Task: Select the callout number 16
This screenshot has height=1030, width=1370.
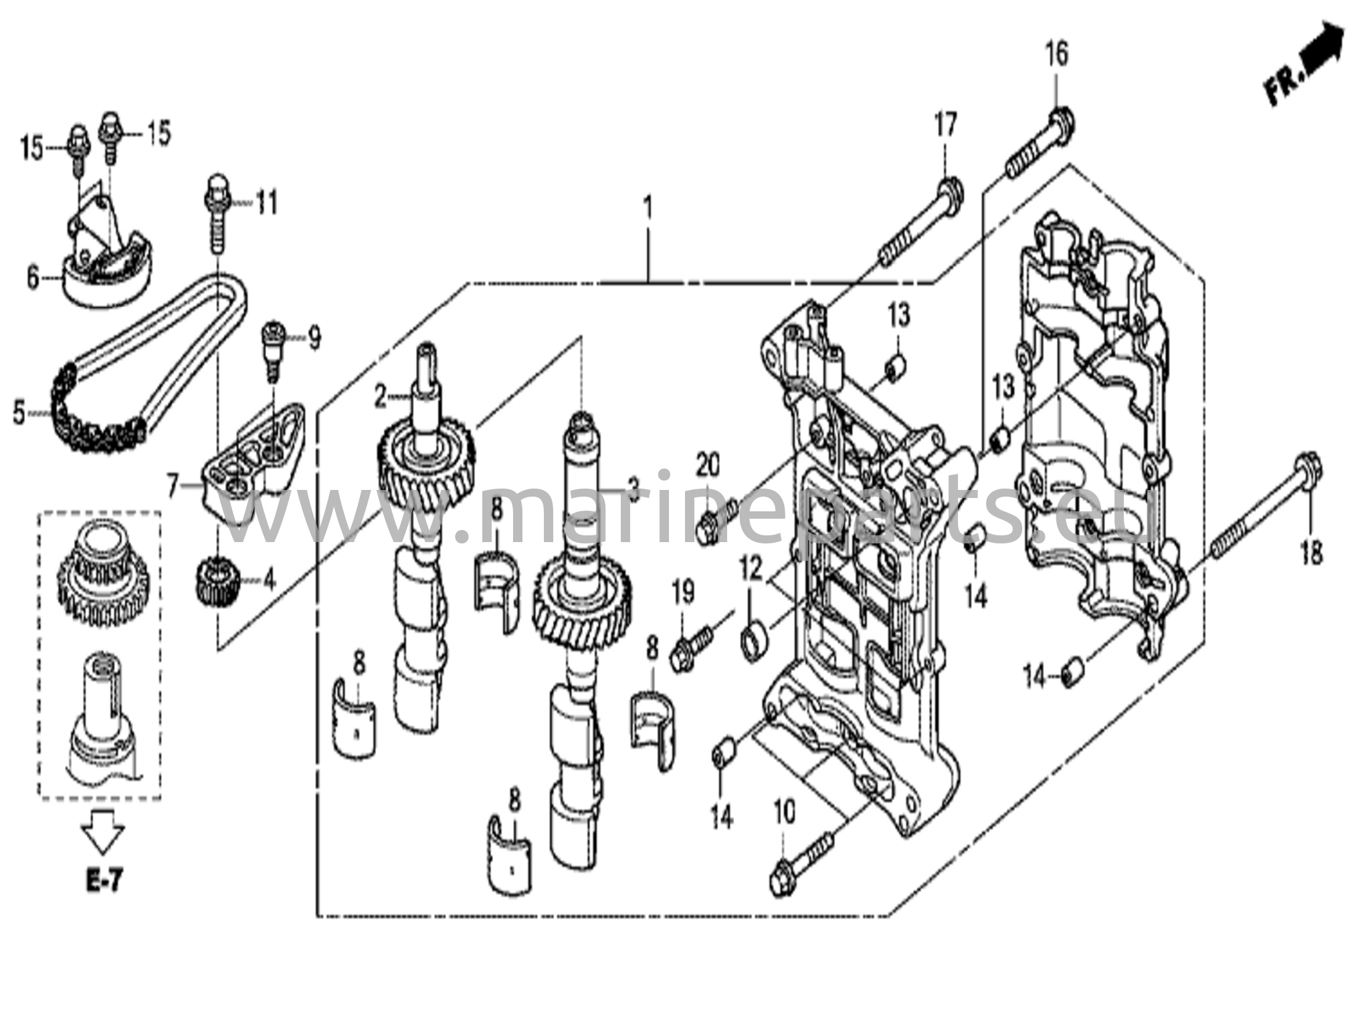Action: tap(1057, 53)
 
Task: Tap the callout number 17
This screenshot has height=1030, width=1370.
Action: tap(945, 126)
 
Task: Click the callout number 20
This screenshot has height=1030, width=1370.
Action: tap(708, 465)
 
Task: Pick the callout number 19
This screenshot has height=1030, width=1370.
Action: tap(683, 592)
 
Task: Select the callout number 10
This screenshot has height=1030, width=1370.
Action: tap(784, 813)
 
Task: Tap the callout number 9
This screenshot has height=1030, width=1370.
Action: tap(313, 339)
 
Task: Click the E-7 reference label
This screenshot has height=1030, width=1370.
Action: tap(104, 882)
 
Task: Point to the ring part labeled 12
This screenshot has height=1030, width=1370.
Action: tap(753, 636)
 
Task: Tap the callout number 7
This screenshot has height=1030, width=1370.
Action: tap(173, 487)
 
